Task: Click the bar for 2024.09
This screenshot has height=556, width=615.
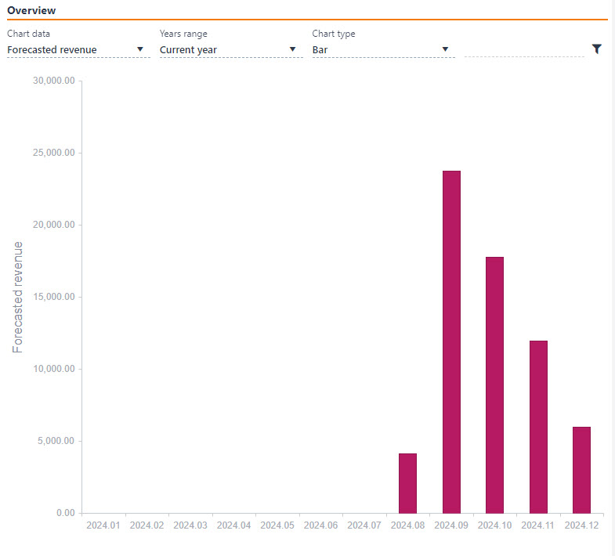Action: (451, 341)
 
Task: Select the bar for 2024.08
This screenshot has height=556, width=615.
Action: (407, 482)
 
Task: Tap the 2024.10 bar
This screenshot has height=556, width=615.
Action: (494, 385)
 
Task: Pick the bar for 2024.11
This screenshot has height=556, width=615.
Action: (538, 427)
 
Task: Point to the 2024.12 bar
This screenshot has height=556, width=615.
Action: (581, 470)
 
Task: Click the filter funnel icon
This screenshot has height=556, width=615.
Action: (597, 49)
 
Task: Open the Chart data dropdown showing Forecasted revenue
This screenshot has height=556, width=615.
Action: (76, 50)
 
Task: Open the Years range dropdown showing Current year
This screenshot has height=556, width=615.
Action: (229, 50)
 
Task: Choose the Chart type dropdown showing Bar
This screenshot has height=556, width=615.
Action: (382, 50)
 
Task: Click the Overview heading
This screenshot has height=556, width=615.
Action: (31, 11)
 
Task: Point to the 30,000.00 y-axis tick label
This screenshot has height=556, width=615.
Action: (52, 81)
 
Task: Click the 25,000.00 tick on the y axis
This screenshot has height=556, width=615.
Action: (52, 153)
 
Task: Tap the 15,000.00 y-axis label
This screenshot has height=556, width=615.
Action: (52, 297)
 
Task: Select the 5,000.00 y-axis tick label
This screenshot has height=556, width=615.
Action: (56, 441)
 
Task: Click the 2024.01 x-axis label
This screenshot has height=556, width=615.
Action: (103, 525)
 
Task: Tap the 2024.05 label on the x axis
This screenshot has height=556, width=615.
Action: (277, 525)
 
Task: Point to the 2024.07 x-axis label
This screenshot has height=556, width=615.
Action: (364, 525)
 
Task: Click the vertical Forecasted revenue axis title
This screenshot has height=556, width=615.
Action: (18, 297)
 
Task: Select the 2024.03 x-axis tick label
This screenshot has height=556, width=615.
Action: (190, 525)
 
